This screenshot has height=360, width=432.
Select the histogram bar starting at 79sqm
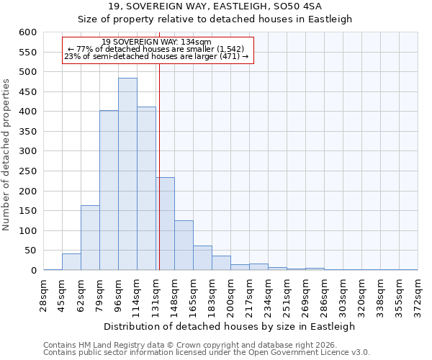pos(109,191)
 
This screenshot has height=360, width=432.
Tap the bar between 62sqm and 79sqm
pos(90,238)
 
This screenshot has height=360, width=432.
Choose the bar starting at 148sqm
pos(184,246)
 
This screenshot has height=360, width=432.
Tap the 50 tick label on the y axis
pos(30,251)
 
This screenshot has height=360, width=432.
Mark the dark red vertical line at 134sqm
pos(159,180)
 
